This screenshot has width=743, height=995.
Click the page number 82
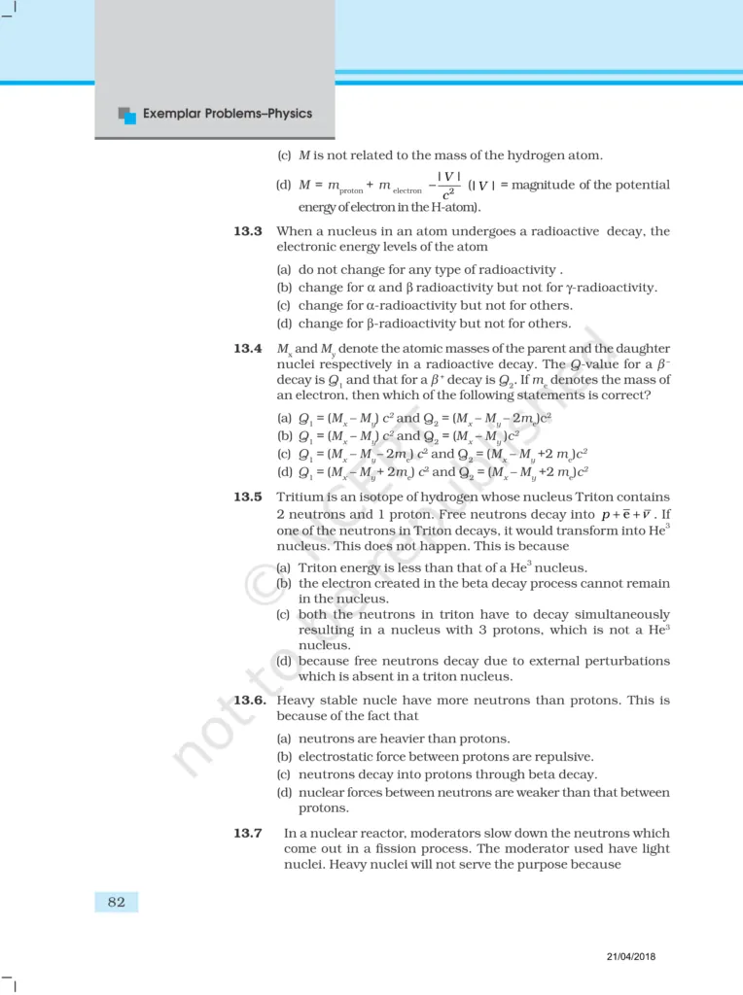tap(117, 902)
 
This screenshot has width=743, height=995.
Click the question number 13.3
tap(248, 232)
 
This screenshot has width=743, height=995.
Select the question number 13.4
tap(248, 349)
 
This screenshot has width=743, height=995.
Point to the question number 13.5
tap(248, 497)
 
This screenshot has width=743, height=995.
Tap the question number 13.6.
tap(250, 700)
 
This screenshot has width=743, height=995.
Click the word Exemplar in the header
tap(176, 114)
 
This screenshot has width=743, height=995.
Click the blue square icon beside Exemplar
tap(126, 115)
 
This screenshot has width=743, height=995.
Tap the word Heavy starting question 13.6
tap(298, 700)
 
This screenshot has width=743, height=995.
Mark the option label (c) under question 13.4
tap(284, 452)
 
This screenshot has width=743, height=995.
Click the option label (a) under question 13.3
tap(284, 269)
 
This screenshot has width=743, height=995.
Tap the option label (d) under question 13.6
tap(284, 793)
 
